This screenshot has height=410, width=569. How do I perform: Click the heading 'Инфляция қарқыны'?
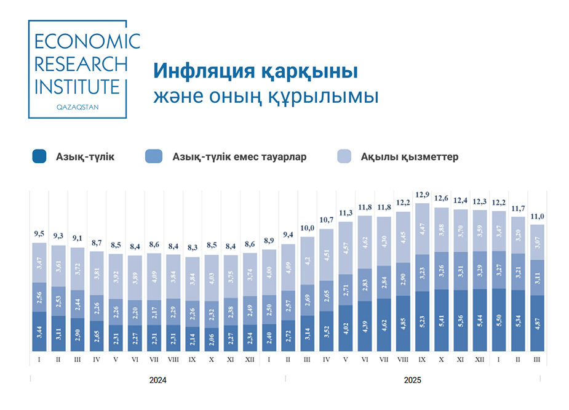click(255, 71)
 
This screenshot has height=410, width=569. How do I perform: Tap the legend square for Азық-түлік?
click(39, 157)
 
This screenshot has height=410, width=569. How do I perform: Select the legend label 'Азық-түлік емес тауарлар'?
click(239, 157)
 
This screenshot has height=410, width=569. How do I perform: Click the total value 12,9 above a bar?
click(422, 195)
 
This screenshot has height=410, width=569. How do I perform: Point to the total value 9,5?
click(39, 234)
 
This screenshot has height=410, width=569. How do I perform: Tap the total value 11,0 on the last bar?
click(537, 216)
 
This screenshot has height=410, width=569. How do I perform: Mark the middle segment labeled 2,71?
click(346, 289)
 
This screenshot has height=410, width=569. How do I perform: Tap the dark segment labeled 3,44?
click(39, 332)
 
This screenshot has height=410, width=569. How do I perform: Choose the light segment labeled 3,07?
click(537, 242)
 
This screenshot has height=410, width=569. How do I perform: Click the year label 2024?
click(158, 380)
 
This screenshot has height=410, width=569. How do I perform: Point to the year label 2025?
click(412, 380)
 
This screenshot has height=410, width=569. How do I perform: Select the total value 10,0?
click(308, 228)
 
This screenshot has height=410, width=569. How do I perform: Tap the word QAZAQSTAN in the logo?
click(78, 107)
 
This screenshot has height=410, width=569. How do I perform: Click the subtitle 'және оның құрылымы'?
click(266, 97)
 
